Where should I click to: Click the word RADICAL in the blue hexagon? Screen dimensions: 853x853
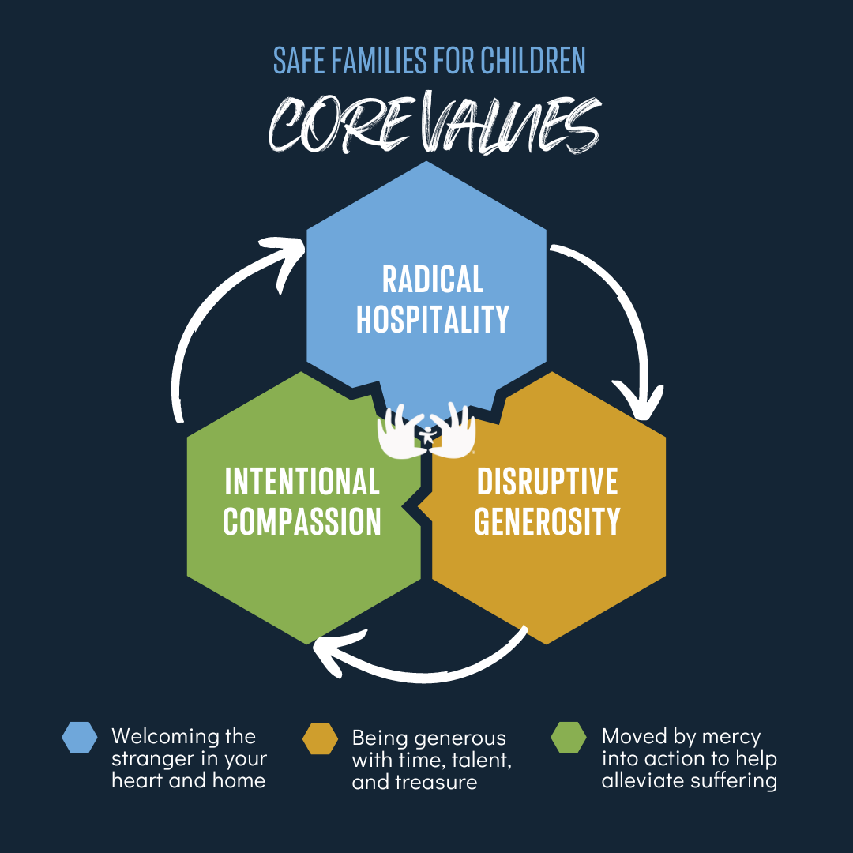433,280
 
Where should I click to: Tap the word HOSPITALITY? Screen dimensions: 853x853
433,319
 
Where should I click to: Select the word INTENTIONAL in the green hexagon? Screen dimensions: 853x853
302,482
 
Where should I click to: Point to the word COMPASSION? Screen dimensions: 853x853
302,521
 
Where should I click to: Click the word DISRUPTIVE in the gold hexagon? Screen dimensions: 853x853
547,482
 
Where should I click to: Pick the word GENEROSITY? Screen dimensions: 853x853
547,521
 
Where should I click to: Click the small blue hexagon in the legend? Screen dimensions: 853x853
80,737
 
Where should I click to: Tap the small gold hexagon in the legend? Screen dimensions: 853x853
321,738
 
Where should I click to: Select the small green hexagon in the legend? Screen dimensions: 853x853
569,737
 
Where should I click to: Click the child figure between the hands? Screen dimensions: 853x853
427,435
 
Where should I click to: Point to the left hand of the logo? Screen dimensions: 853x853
400,431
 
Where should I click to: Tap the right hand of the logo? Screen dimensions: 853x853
453,430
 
